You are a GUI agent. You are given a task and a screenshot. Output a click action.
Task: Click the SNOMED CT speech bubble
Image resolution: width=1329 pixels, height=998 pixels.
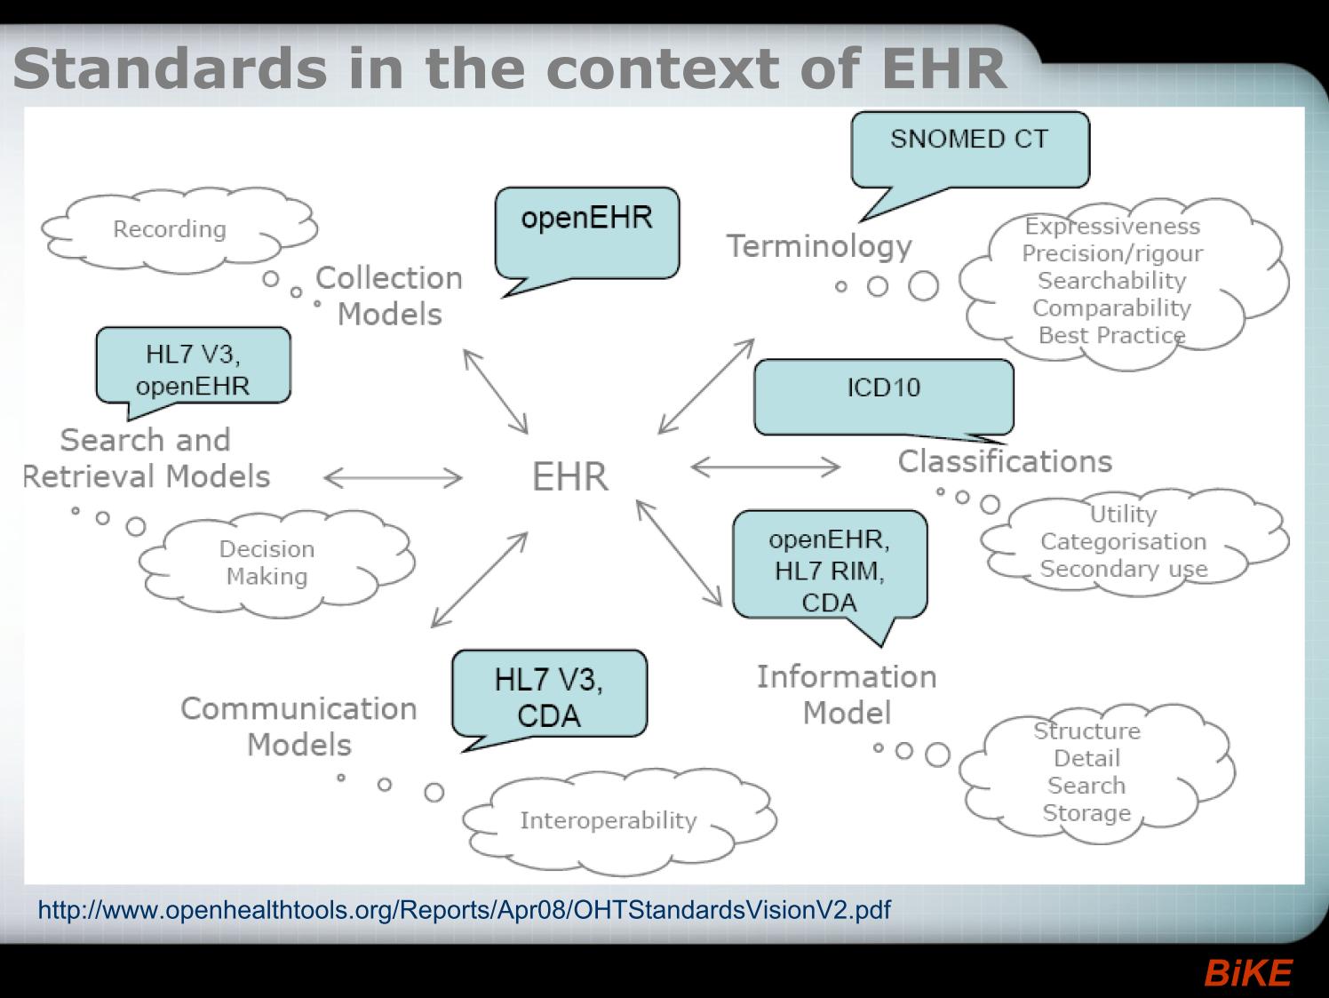pos(970,150)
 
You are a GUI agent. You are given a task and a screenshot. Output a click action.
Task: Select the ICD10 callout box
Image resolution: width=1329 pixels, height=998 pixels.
pos(884,396)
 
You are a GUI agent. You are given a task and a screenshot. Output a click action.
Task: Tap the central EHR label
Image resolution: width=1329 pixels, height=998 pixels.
pos(569,476)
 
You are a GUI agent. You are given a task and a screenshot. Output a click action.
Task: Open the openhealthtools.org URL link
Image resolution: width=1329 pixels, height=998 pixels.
pos(465,910)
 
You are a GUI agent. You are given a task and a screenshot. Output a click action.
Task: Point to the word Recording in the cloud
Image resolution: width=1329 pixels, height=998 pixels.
pos(170,229)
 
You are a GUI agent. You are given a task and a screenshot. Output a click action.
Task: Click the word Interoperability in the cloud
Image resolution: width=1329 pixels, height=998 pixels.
pos(609,821)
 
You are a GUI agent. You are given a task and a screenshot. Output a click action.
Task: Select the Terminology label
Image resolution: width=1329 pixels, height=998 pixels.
pos(819,246)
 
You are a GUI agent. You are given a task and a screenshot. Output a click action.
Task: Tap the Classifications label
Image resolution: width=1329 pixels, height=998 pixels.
pos(1005,461)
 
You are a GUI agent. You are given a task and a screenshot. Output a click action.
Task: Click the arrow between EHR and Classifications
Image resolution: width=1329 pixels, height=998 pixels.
pos(765,467)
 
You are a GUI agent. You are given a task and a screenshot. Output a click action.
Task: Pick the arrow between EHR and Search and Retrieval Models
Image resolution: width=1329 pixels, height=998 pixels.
pos(394,478)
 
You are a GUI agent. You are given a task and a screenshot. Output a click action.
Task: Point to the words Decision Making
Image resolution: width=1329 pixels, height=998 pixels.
pos(267,563)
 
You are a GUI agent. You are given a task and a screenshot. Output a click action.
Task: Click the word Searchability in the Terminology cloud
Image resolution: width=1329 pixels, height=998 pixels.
pos(1111,281)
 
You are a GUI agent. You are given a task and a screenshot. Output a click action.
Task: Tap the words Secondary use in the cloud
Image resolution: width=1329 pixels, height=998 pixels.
pos(1124,570)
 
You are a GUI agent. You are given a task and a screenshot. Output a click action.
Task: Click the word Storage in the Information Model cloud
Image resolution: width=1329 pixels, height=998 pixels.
pos(1086,812)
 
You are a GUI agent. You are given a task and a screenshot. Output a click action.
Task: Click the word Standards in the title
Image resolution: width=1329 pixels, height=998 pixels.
pos(170,68)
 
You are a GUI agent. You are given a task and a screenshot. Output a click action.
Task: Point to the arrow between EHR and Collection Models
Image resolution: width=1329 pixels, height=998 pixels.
pos(496,392)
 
